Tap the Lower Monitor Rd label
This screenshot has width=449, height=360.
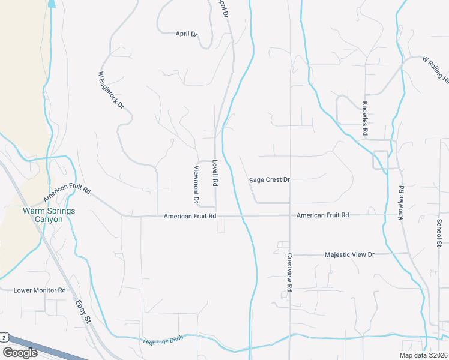[x=40, y=290]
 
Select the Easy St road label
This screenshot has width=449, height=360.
[x=83, y=313]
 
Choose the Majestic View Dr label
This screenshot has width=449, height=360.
[x=349, y=254]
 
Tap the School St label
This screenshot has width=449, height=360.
[x=439, y=233]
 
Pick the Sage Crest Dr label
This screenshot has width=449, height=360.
[x=270, y=179]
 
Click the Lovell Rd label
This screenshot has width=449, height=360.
[x=215, y=173]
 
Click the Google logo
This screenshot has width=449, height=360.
[x=20, y=353]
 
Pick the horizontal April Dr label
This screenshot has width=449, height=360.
[x=186, y=34]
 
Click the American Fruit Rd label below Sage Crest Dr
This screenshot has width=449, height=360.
[x=322, y=215]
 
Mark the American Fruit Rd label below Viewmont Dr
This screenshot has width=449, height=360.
[x=190, y=215]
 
